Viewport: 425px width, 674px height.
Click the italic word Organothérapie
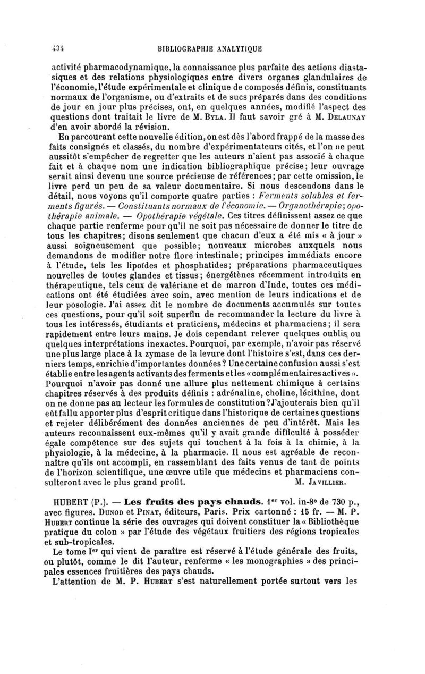pyautogui.click(x=309, y=206)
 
